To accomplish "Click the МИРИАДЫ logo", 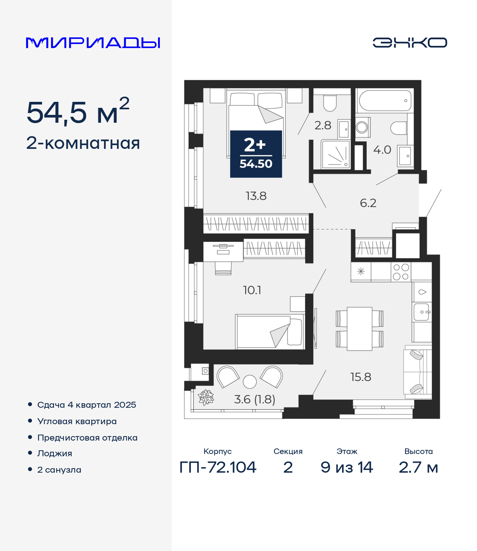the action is click(x=93, y=43).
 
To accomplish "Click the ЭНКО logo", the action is click(x=410, y=43).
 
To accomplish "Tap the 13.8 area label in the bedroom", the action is click(x=256, y=196).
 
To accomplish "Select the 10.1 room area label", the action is click(x=252, y=290).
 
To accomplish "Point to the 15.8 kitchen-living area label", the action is click(x=361, y=377).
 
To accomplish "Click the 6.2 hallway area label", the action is click(x=368, y=203).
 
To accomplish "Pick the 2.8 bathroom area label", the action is click(x=323, y=125).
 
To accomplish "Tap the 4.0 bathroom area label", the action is click(x=382, y=150).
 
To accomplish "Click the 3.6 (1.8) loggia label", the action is click(x=255, y=399).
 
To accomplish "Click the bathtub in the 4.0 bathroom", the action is click(x=385, y=100).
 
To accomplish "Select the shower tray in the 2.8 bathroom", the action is click(x=336, y=154).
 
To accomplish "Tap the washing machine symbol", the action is click(x=362, y=128).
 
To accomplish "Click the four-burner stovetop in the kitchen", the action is click(x=401, y=272).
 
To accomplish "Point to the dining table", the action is click(x=360, y=329).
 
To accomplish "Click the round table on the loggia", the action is click(x=250, y=382).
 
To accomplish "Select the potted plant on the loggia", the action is click(x=206, y=397).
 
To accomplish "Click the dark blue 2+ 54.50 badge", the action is click(x=256, y=154).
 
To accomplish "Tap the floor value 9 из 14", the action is click(x=347, y=467).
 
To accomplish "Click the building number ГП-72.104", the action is click(x=218, y=467).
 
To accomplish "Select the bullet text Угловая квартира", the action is click(x=77, y=422).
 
